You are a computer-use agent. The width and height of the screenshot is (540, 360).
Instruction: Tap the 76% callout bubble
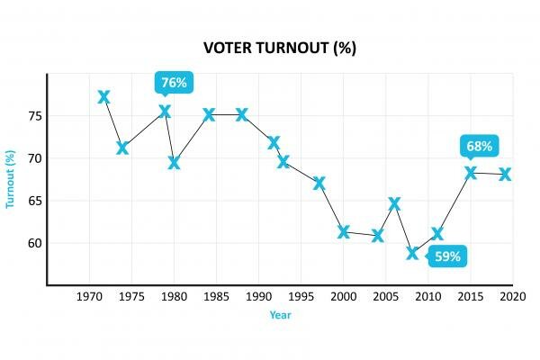pos(173,83)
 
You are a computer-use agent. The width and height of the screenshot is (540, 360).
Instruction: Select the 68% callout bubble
pos(479,146)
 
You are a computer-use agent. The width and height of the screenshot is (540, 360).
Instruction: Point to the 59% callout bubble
pos(448,256)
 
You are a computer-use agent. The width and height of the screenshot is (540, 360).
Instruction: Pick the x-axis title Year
pos(280,315)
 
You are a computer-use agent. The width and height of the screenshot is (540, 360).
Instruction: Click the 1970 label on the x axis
pos(88,296)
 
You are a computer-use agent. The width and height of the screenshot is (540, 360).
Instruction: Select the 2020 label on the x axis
pos(514,296)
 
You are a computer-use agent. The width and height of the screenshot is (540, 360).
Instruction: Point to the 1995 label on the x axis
pos(301,296)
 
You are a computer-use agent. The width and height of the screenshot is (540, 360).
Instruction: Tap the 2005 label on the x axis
pos(386,296)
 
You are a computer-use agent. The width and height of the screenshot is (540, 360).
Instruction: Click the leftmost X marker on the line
pos(104,96)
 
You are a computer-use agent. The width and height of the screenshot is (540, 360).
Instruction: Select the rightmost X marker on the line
pos(505,174)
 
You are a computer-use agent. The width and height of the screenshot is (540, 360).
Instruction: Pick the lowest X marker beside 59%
pos(412,253)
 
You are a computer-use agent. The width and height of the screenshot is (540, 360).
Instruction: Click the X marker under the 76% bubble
pos(165,112)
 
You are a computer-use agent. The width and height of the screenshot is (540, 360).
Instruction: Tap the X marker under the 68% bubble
pos(471,173)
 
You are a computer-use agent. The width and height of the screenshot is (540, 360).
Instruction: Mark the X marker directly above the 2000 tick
pos(344,232)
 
